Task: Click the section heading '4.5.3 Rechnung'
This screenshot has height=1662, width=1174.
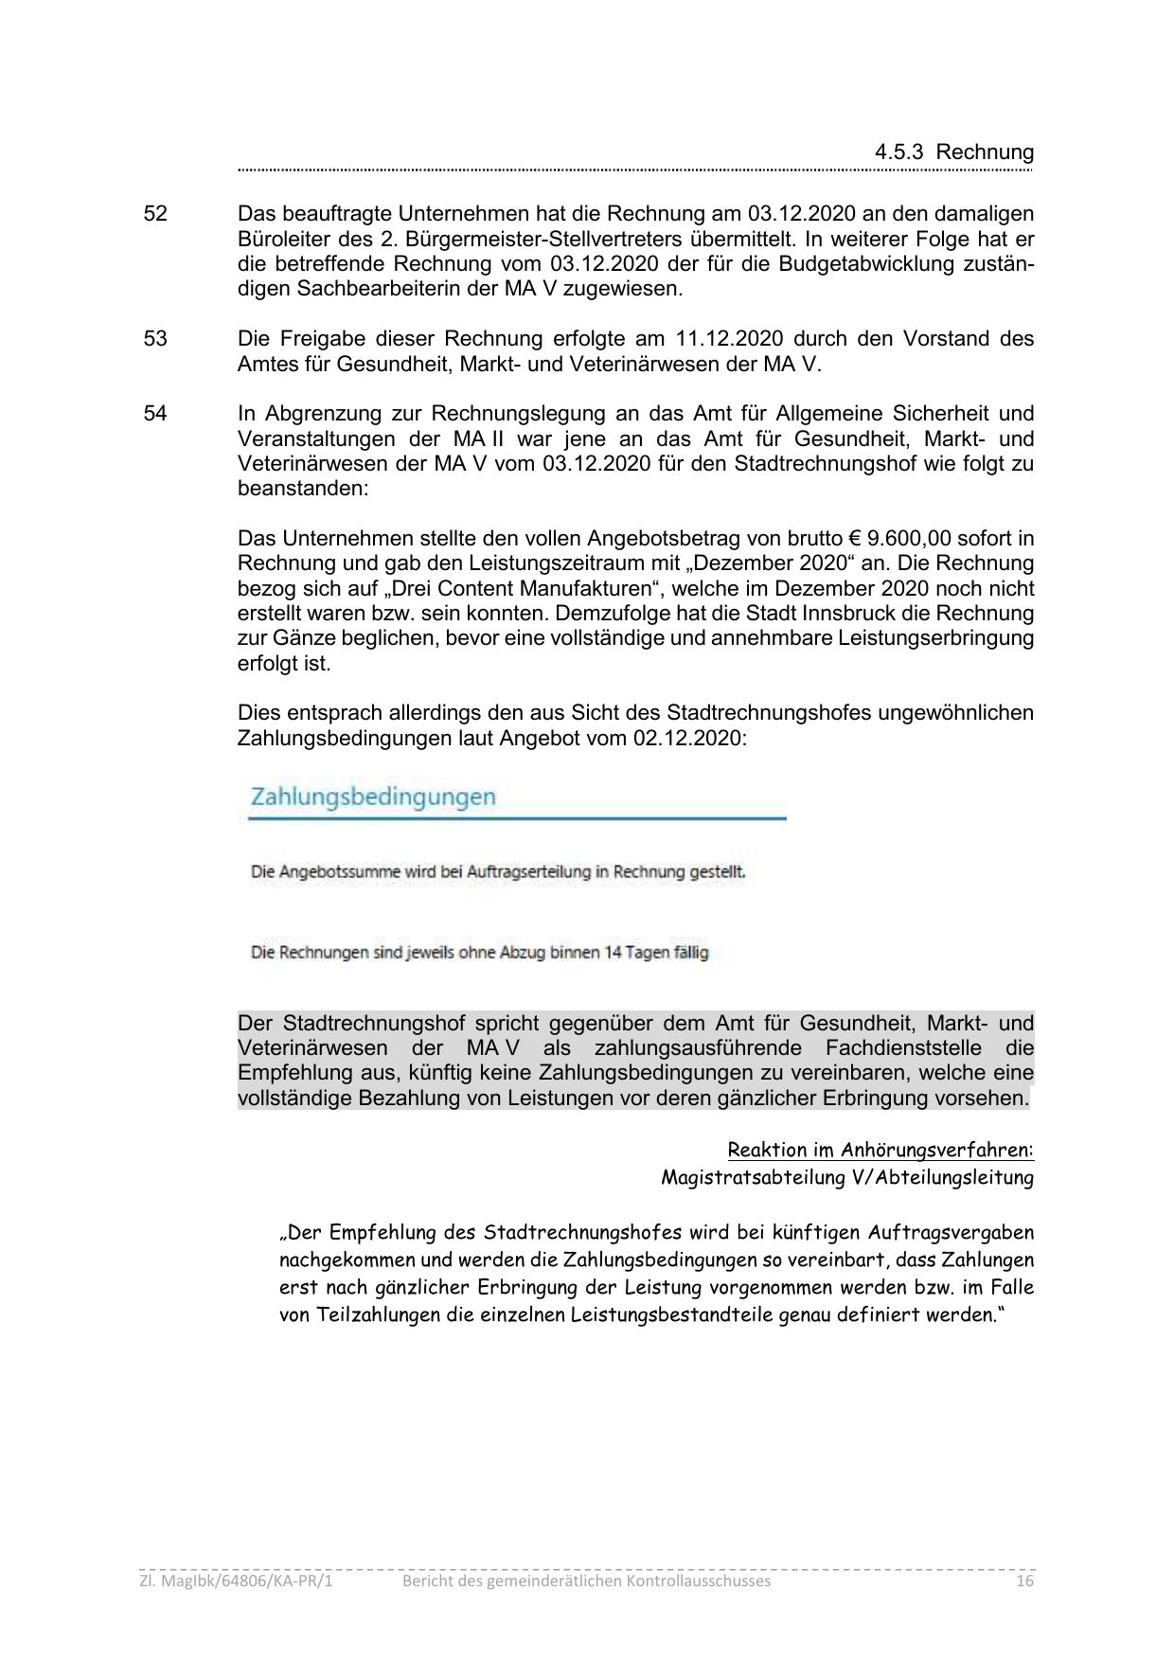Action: click(x=953, y=152)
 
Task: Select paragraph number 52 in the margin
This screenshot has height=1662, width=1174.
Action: click(x=155, y=214)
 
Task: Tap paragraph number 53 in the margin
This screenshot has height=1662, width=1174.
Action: click(x=155, y=339)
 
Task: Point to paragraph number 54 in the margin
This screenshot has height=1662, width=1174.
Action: click(x=155, y=414)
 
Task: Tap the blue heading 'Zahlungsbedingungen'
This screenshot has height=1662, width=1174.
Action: click(x=373, y=796)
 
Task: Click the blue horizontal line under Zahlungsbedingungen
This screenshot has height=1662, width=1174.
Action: click(x=517, y=818)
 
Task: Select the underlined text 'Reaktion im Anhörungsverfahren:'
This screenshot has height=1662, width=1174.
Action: click(x=880, y=1151)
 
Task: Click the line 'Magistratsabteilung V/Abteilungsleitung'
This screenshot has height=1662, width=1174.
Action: click(x=847, y=1178)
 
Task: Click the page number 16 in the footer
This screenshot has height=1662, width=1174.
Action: click(x=1023, y=1582)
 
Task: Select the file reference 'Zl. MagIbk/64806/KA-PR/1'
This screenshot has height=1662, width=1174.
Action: click(x=237, y=1582)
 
